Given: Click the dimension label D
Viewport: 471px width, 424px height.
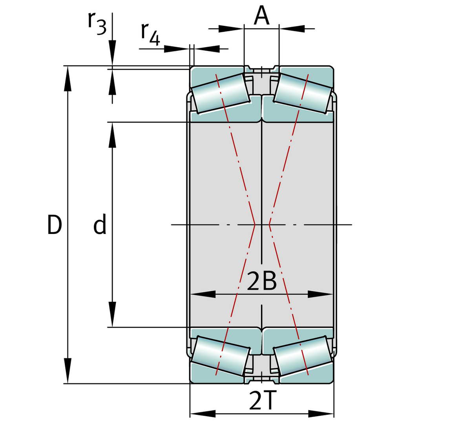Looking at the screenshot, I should pos(54,225).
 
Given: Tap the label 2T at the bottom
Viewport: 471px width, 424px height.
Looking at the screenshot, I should pos(262,401).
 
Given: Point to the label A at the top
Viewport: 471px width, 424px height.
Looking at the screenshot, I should pos(262,16).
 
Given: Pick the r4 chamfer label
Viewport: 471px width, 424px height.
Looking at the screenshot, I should pos(150,34).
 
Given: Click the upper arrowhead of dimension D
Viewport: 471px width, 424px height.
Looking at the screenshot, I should pos(68,78).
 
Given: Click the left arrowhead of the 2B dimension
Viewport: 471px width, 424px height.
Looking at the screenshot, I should pos(203,294).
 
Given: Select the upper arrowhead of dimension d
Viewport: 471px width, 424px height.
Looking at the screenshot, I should pos(113,135).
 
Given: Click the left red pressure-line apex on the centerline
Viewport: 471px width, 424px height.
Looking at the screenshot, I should pos(255,225).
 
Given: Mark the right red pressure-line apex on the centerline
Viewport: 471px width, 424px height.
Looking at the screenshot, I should pos(269,225).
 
